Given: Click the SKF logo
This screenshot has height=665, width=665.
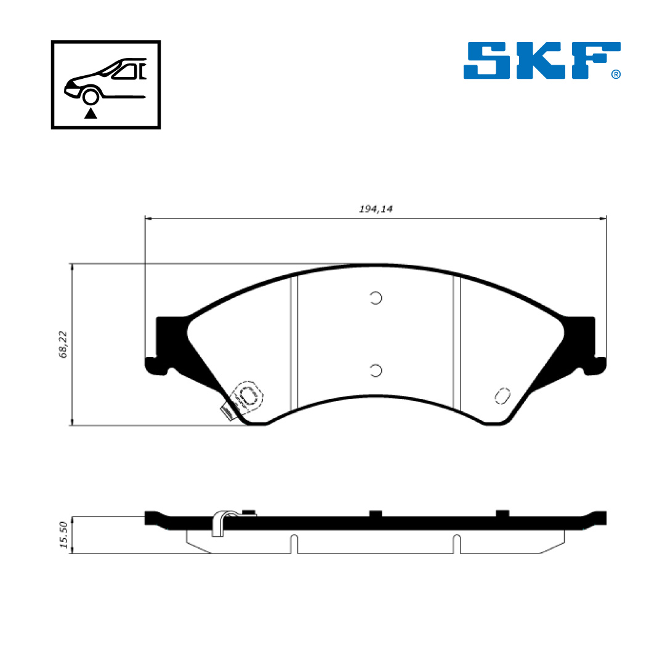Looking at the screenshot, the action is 542,60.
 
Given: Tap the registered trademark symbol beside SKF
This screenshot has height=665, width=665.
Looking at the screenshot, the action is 616,75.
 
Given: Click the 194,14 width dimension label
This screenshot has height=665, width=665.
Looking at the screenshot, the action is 376,209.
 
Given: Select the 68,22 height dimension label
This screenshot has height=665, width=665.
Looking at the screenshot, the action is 63,344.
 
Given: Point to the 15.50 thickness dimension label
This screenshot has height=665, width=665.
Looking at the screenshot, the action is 63,535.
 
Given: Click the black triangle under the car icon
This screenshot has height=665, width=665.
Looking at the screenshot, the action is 91,113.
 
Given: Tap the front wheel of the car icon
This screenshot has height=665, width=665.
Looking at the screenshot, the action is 91,97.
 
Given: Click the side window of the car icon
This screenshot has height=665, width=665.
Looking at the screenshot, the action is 125,71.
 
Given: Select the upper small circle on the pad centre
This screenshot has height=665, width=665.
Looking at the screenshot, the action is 376,298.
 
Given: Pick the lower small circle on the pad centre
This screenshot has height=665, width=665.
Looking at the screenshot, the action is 376,370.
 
